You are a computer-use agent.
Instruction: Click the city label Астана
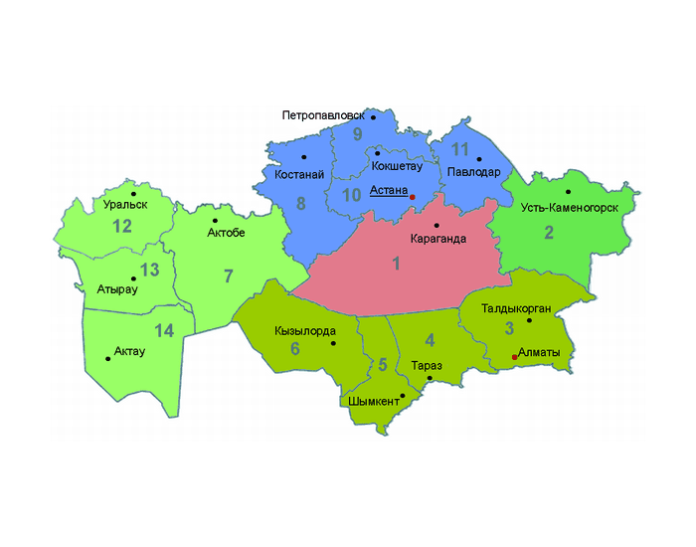coord(388,189)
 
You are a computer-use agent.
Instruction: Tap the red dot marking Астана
coord(413,197)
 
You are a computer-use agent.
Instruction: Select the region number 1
coord(396,264)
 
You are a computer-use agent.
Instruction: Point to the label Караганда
coord(437,240)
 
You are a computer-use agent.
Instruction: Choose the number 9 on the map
coord(357,134)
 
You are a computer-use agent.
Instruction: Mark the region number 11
coord(459,150)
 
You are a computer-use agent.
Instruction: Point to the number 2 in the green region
coord(549,234)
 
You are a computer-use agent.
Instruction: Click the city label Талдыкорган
coord(516,308)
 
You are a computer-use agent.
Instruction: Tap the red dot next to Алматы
coord(514,356)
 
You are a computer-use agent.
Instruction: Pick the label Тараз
coord(428,365)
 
